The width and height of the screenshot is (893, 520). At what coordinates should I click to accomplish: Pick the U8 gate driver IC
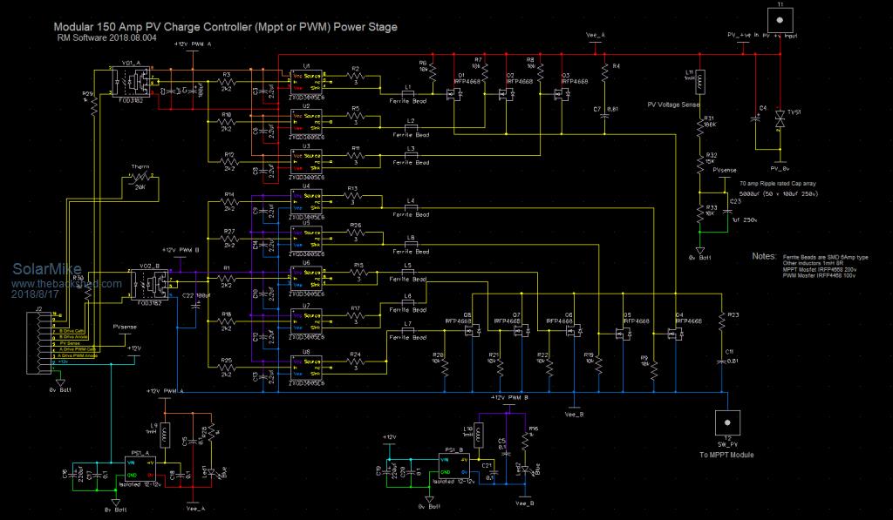(308, 361)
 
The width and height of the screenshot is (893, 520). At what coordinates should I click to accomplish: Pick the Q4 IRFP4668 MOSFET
(673, 334)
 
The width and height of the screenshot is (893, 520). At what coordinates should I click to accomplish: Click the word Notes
(763, 257)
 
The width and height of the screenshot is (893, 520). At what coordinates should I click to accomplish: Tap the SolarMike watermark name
(39, 271)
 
